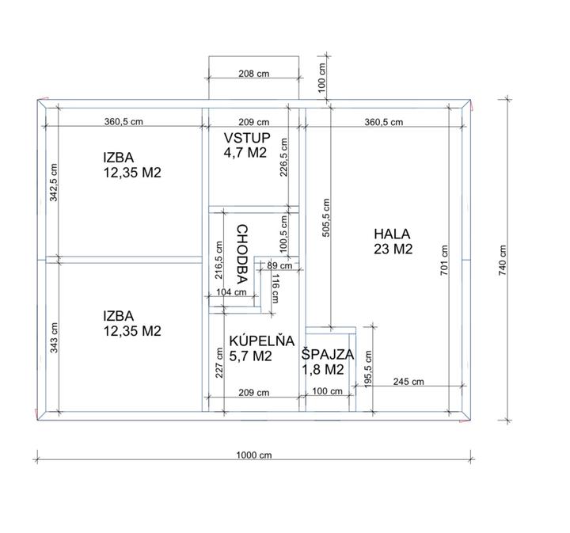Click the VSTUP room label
tap(247, 138)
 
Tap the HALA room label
tap(392, 234)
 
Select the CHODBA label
tap(242, 254)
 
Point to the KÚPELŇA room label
tap(262, 341)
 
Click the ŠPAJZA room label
tap(328, 355)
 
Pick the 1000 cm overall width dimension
tap(254, 455)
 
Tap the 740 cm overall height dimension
tap(503, 261)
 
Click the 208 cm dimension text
tap(254, 74)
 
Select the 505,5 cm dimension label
tap(326, 218)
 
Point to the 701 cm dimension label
tap(444, 261)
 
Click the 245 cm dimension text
tap(408, 382)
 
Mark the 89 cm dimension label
tap(279, 266)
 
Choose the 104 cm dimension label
tap(231, 292)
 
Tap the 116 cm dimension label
tap(275, 288)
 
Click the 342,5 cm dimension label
tap(54, 182)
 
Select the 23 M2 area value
tap(393, 249)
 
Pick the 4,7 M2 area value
tap(245, 153)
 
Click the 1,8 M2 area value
tap(323, 370)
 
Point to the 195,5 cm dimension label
tap(368, 369)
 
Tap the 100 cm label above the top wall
tap(321, 78)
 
